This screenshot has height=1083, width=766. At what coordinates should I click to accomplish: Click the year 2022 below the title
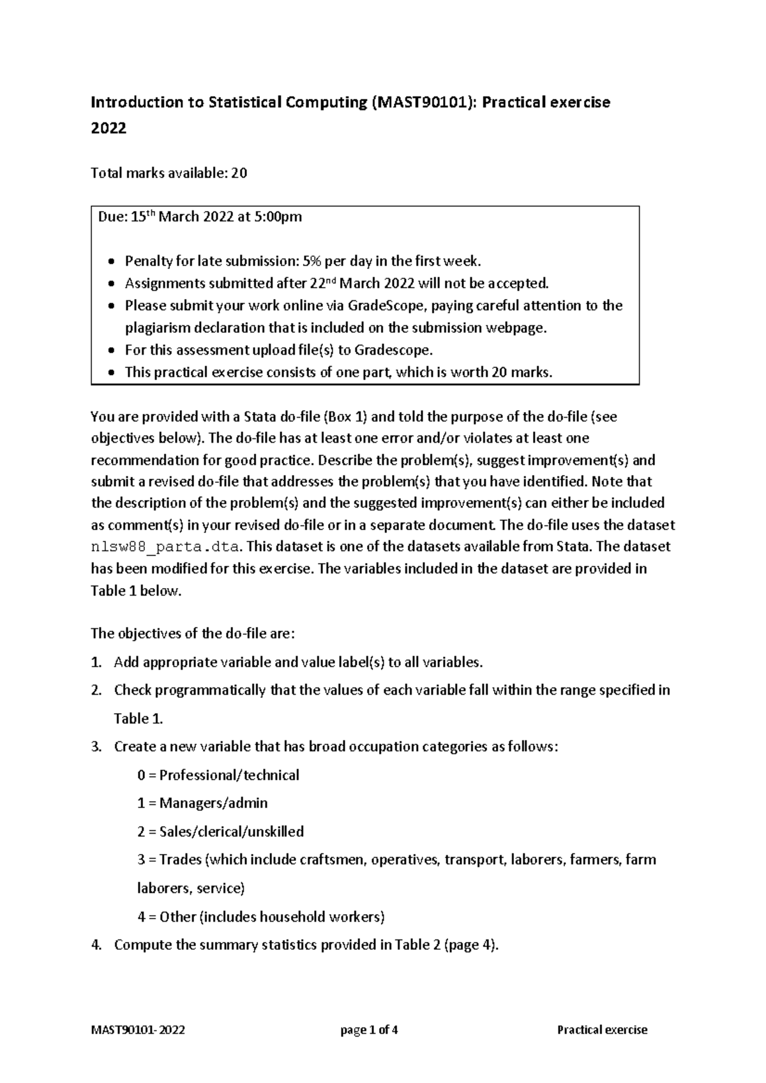[109, 128]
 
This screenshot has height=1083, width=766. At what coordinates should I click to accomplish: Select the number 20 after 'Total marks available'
[239, 173]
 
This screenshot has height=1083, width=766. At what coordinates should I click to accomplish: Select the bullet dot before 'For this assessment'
[112, 351]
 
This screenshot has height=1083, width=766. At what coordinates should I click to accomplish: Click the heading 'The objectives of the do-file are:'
[193, 633]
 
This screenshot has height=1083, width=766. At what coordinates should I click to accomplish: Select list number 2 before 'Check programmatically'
[96, 690]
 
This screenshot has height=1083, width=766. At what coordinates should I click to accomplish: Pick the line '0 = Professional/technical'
[218, 775]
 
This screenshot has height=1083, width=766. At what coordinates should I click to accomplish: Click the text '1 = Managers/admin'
[202, 803]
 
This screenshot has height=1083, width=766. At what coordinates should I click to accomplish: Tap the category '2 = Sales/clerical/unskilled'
[220, 832]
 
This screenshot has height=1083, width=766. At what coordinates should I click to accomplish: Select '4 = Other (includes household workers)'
[260, 917]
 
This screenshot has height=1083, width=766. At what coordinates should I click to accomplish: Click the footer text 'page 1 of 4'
[370, 1029]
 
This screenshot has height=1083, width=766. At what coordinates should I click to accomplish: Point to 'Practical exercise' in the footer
[602, 1029]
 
